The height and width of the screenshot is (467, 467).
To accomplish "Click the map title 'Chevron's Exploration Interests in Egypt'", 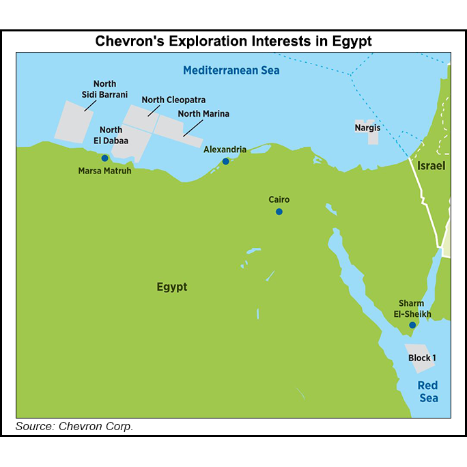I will click(233, 41).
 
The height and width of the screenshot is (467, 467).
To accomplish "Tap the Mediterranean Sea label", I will click(231, 70).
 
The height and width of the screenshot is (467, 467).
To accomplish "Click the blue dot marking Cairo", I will click(279, 212).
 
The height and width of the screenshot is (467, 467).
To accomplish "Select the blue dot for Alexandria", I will click(225, 161).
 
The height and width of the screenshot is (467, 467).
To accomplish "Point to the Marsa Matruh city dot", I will click(104, 158).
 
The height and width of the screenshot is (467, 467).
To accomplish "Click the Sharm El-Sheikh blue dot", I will click(412, 325).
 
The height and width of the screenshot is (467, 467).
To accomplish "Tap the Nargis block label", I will click(367, 128).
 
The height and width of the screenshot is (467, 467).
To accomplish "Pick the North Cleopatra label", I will click(173, 100).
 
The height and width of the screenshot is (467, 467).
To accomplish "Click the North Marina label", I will click(203, 113).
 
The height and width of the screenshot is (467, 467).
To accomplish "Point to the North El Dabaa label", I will click(111, 135).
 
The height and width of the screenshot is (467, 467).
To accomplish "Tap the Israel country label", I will click(431, 166).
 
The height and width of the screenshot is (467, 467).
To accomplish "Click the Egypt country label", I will click(171, 287).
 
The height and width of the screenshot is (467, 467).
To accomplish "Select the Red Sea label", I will click(428, 391).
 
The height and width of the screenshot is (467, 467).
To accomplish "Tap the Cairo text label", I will click(279, 199).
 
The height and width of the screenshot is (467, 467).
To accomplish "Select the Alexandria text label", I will click(225, 150).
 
